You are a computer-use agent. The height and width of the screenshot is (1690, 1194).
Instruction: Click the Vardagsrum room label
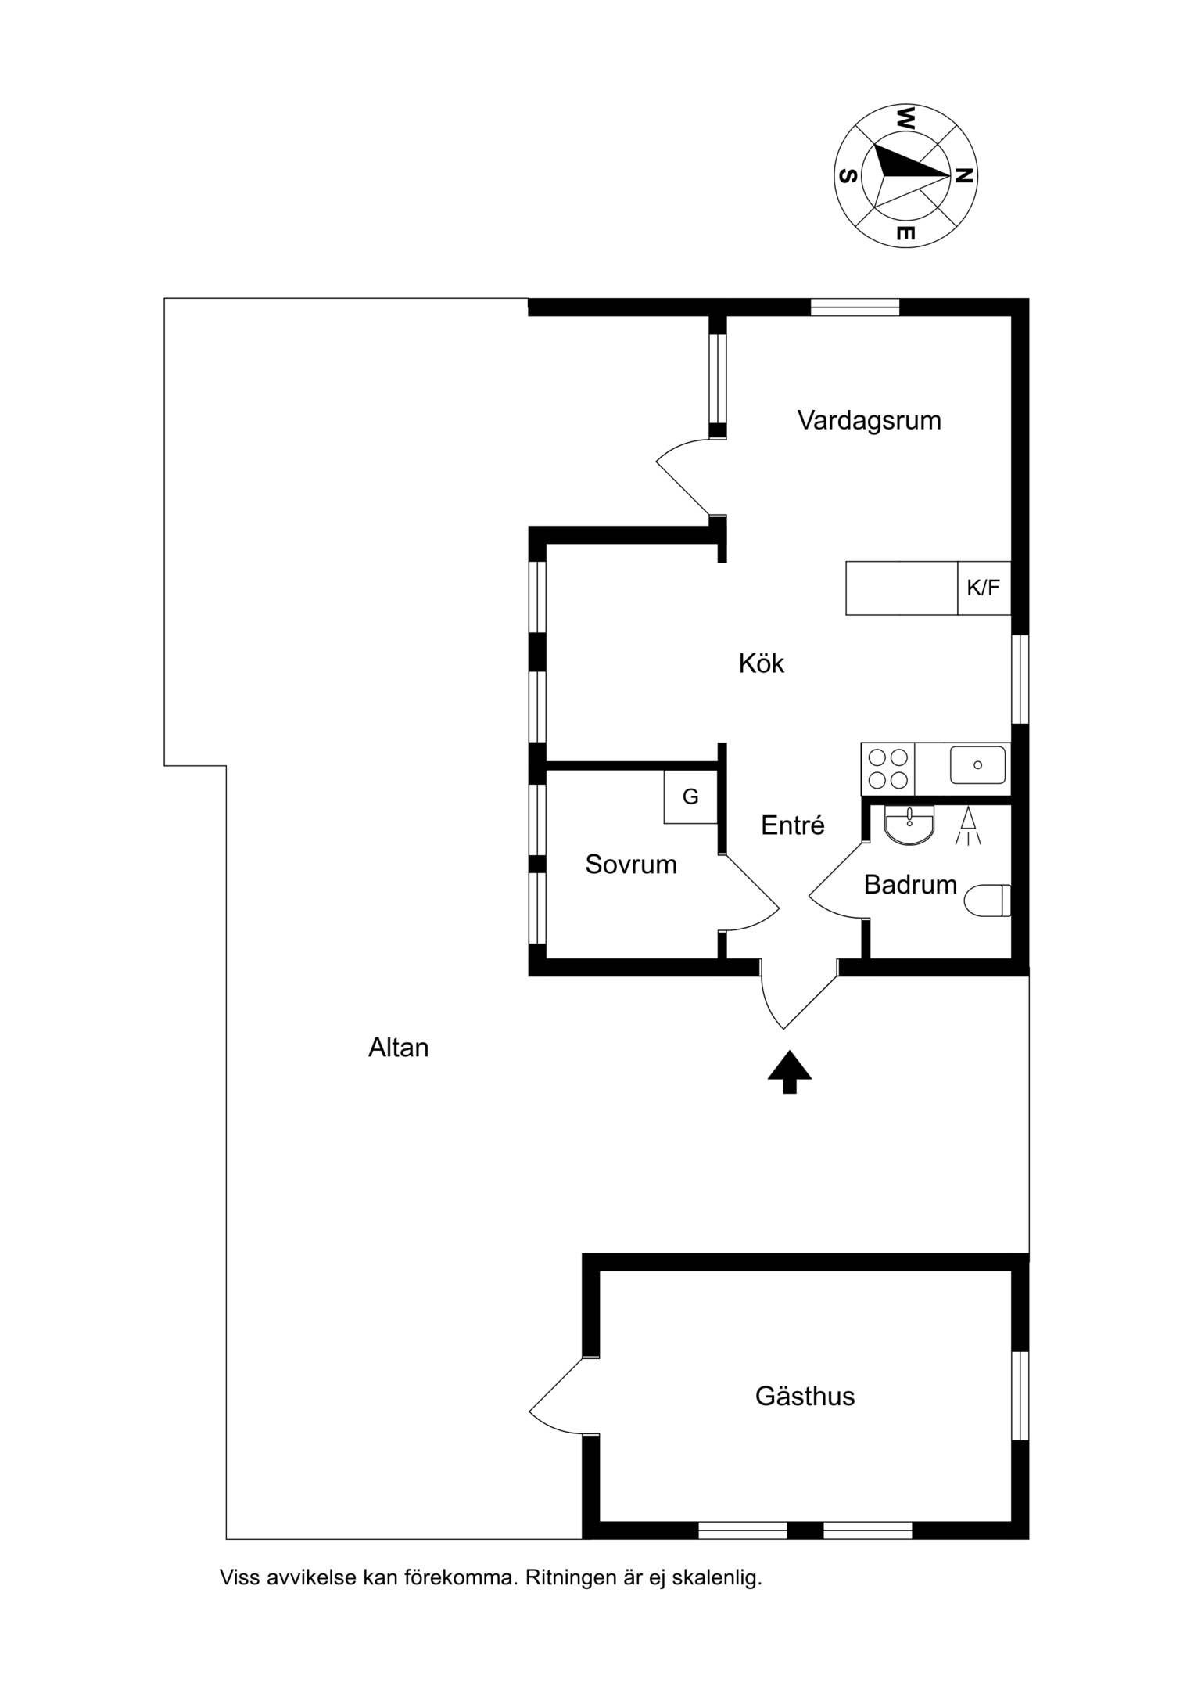869,421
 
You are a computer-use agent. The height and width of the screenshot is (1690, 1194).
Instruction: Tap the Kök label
761,663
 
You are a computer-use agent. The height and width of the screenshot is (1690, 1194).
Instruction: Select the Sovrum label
631,865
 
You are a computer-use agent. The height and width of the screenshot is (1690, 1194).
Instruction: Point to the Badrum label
910,885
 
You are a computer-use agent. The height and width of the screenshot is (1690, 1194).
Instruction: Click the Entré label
793,825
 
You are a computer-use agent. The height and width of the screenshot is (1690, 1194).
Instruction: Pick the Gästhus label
805,1396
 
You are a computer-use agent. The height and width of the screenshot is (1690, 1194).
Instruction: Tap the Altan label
399,1048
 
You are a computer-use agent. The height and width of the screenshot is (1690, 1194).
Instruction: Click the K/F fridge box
984,588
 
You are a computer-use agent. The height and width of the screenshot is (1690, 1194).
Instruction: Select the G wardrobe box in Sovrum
690,796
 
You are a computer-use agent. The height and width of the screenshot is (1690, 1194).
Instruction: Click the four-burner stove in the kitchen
888,769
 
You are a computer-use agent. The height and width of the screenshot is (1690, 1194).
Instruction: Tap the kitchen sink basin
977,764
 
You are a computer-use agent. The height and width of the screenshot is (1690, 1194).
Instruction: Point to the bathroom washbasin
909,825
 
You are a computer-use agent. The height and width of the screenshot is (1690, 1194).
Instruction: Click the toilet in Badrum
988,901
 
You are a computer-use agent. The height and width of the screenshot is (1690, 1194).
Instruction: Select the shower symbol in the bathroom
968,826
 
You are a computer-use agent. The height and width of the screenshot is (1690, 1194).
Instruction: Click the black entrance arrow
790,1071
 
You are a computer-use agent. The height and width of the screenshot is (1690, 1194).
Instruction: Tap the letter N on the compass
965,176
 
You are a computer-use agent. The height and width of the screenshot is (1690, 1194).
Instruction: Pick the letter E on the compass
905,233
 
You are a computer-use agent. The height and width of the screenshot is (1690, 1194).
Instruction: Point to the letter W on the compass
905,119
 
